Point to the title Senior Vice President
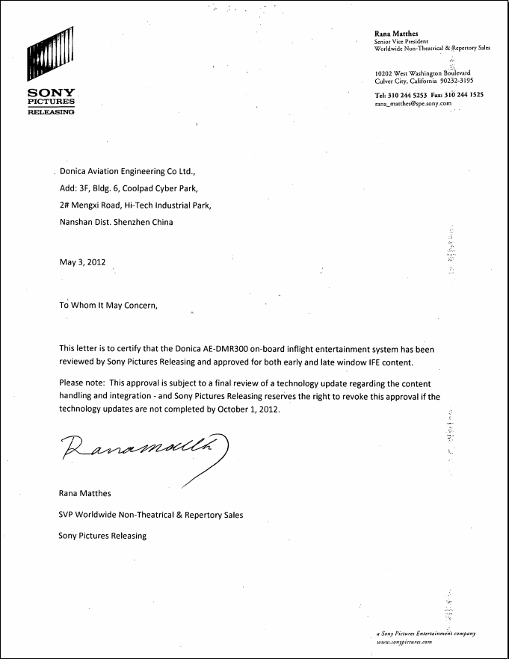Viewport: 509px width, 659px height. coord(401,42)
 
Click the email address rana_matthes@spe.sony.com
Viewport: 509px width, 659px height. coord(413,104)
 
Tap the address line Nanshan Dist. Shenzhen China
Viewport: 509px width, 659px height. coord(116,222)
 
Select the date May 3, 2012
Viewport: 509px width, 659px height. coord(82,262)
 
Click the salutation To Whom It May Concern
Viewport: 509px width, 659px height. coord(109,305)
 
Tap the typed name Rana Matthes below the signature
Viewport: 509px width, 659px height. coord(86,493)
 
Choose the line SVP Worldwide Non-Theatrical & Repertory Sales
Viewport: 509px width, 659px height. coord(150,515)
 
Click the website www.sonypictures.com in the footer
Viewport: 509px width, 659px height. coord(404,642)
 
